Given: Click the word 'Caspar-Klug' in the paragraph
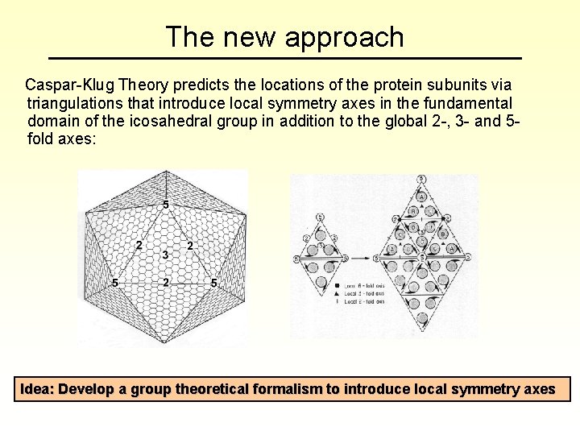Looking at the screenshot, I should [69, 85].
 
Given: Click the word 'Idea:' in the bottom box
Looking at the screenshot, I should [37, 389].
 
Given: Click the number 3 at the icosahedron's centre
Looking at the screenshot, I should [165, 255].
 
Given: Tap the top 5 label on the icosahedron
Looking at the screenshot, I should [166, 205].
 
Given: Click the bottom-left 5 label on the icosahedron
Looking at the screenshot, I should [116, 284].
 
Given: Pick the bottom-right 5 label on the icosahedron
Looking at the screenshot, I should [213, 284].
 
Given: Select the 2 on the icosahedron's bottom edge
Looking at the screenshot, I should [165, 283].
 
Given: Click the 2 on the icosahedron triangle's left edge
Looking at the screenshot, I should [139, 245].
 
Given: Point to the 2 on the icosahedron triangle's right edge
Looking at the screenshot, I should [190, 245].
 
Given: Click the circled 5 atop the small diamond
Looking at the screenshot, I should [321, 217].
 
